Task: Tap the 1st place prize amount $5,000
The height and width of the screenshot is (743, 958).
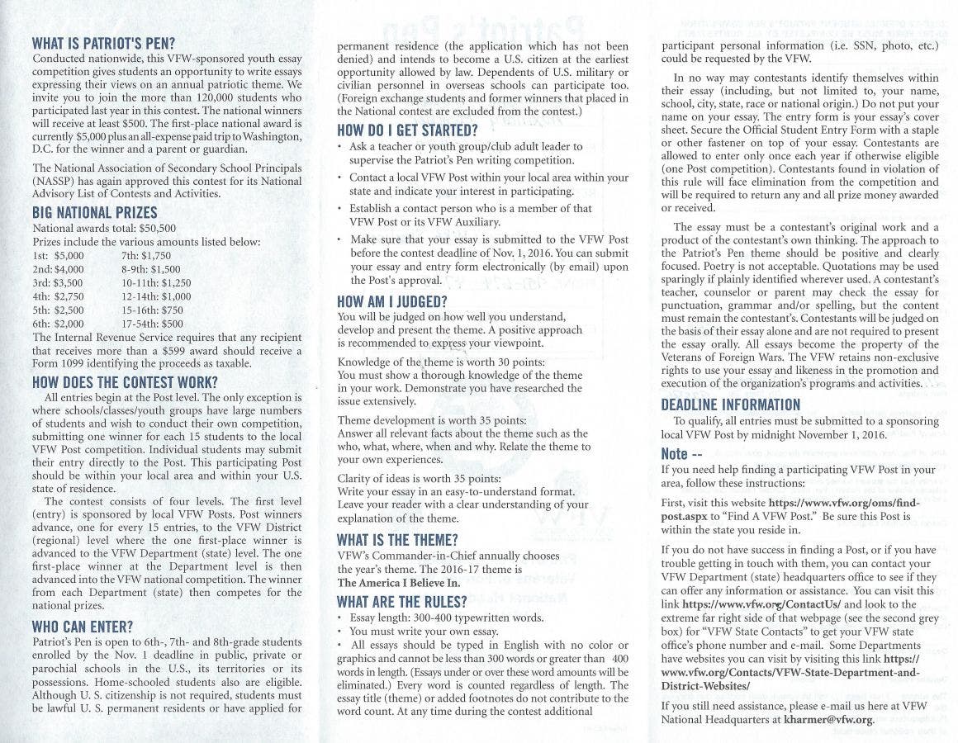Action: (69, 256)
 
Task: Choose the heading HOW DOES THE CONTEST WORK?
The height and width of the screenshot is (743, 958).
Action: (125, 382)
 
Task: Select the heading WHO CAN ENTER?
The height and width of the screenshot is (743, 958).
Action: (82, 627)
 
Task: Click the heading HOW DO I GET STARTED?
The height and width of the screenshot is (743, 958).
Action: (408, 130)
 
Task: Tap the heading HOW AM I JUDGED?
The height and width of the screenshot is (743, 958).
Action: (392, 301)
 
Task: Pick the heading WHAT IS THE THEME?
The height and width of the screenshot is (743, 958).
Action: (397, 540)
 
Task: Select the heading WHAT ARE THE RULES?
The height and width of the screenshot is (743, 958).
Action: (402, 601)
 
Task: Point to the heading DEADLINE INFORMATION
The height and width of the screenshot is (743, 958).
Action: (731, 405)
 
